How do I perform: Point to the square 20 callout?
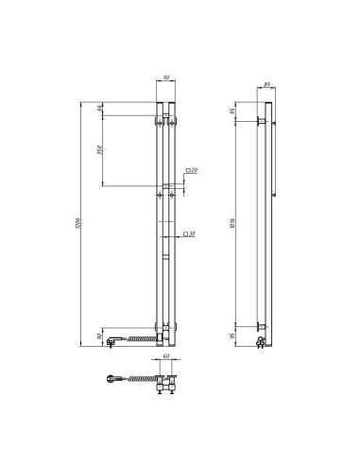[x=190, y=171]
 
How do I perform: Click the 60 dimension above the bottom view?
[x=166, y=357]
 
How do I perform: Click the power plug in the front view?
[x=113, y=338]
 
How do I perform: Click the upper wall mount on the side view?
[x=259, y=122]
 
